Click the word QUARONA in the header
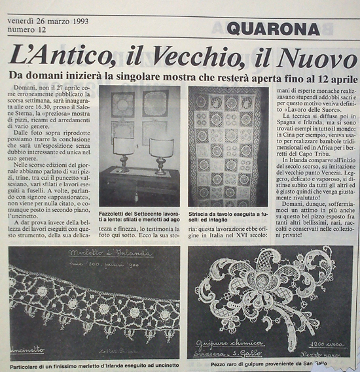[x=274, y=29]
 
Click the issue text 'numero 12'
[x=27, y=28]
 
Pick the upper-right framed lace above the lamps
[x=155, y=104]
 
